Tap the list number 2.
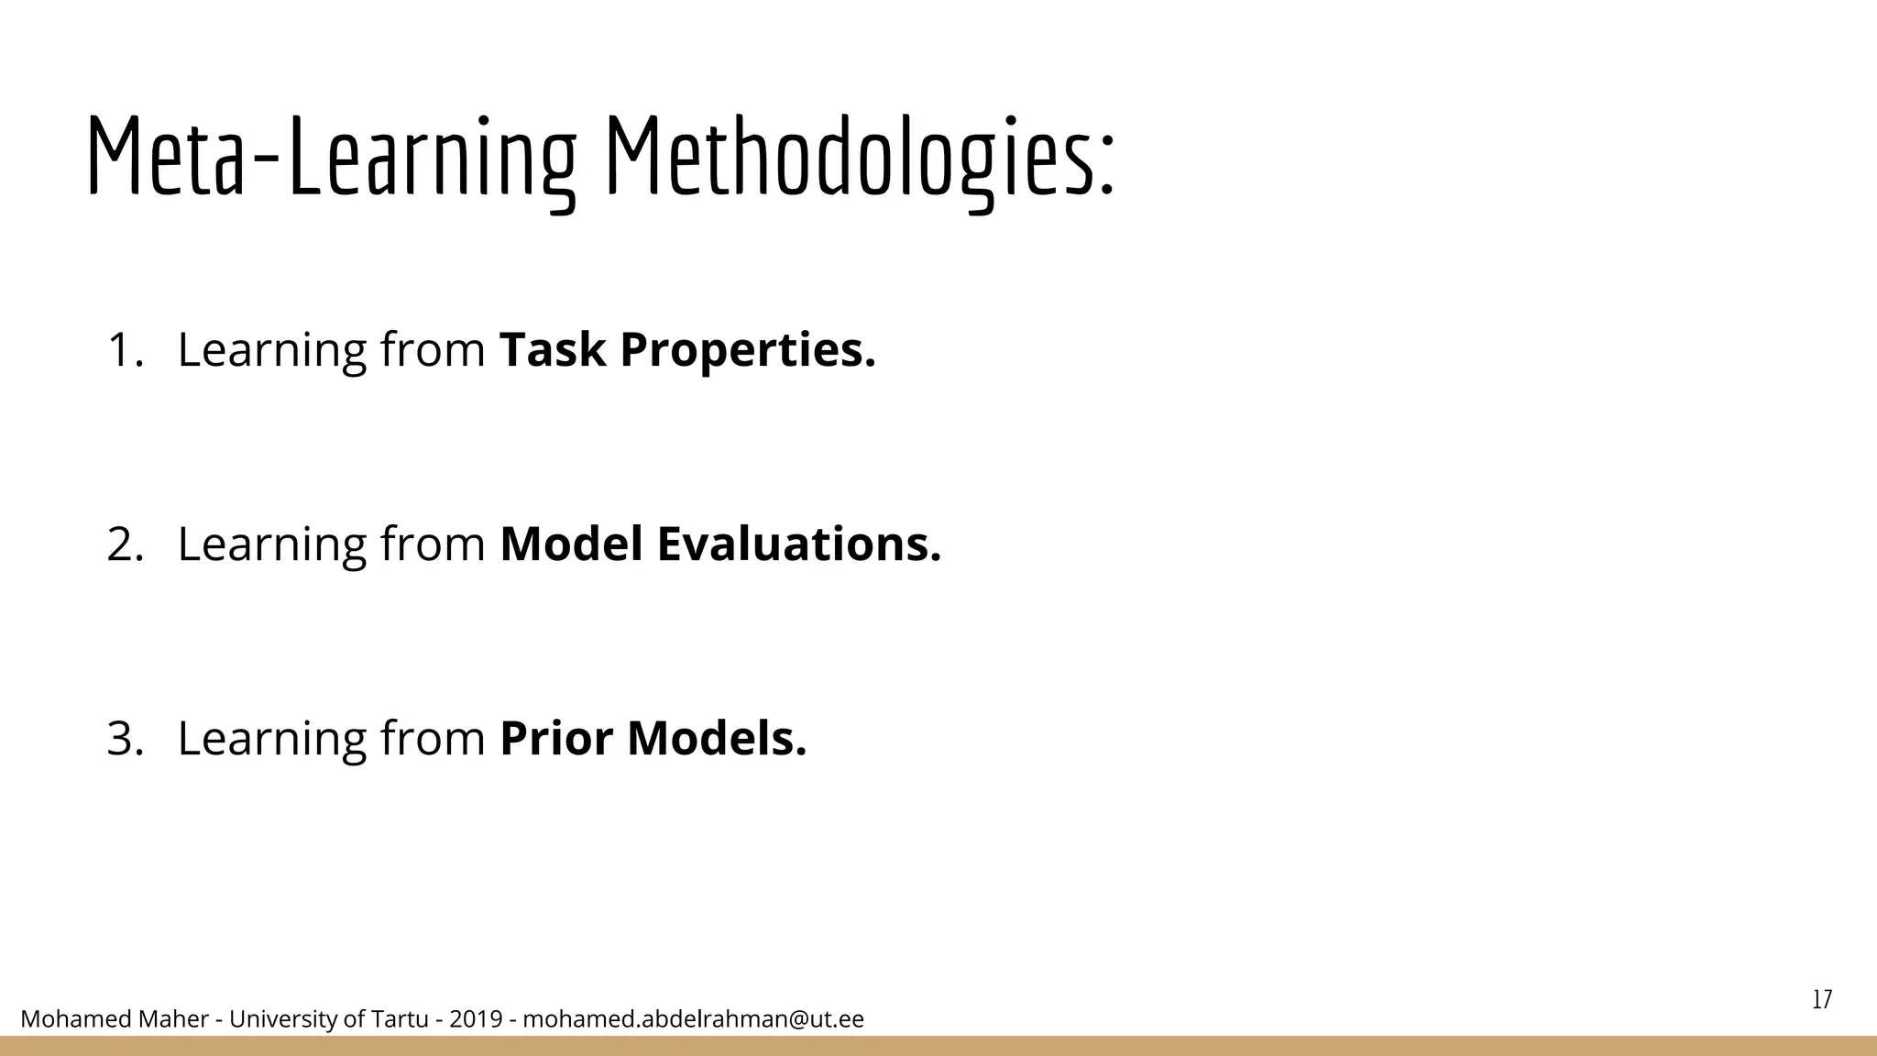(x=124, y=544)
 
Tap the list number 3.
(x=124, y=739)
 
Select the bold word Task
(x=552, y=350)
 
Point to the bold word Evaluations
(x=798, y=544)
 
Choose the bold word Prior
(x=555, y=739)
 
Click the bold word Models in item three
(x=716, y=739)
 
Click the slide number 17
(x=1822, y=999)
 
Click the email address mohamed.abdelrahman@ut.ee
(x=693, y=1019)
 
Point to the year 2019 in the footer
(x=476, y=1019)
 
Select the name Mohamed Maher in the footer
(x=114, y=1019)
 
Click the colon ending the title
(x=1106, y=170)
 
